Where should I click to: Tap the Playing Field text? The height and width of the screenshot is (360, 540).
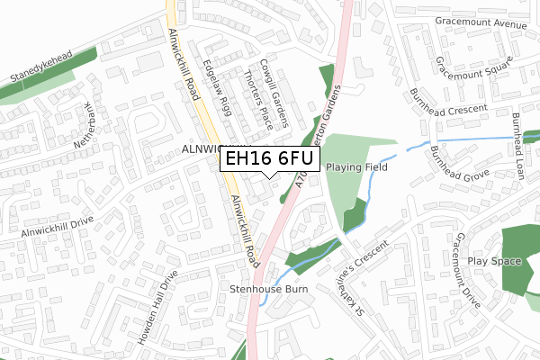coord(357,167)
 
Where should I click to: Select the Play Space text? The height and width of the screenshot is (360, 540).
coord(494,261)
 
